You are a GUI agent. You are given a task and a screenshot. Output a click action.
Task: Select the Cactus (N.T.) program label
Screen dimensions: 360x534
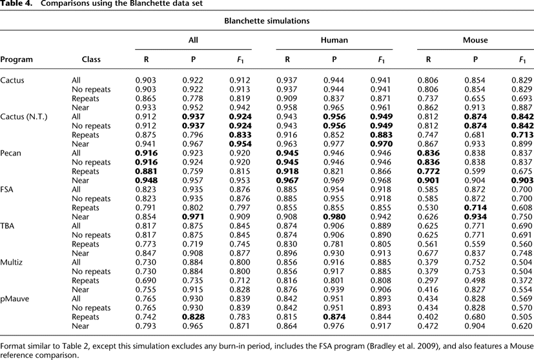(20, 117)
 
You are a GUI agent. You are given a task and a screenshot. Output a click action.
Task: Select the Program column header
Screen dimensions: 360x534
(17, 60)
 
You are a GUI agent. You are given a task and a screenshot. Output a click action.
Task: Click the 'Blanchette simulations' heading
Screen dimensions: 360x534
(267, 21)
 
